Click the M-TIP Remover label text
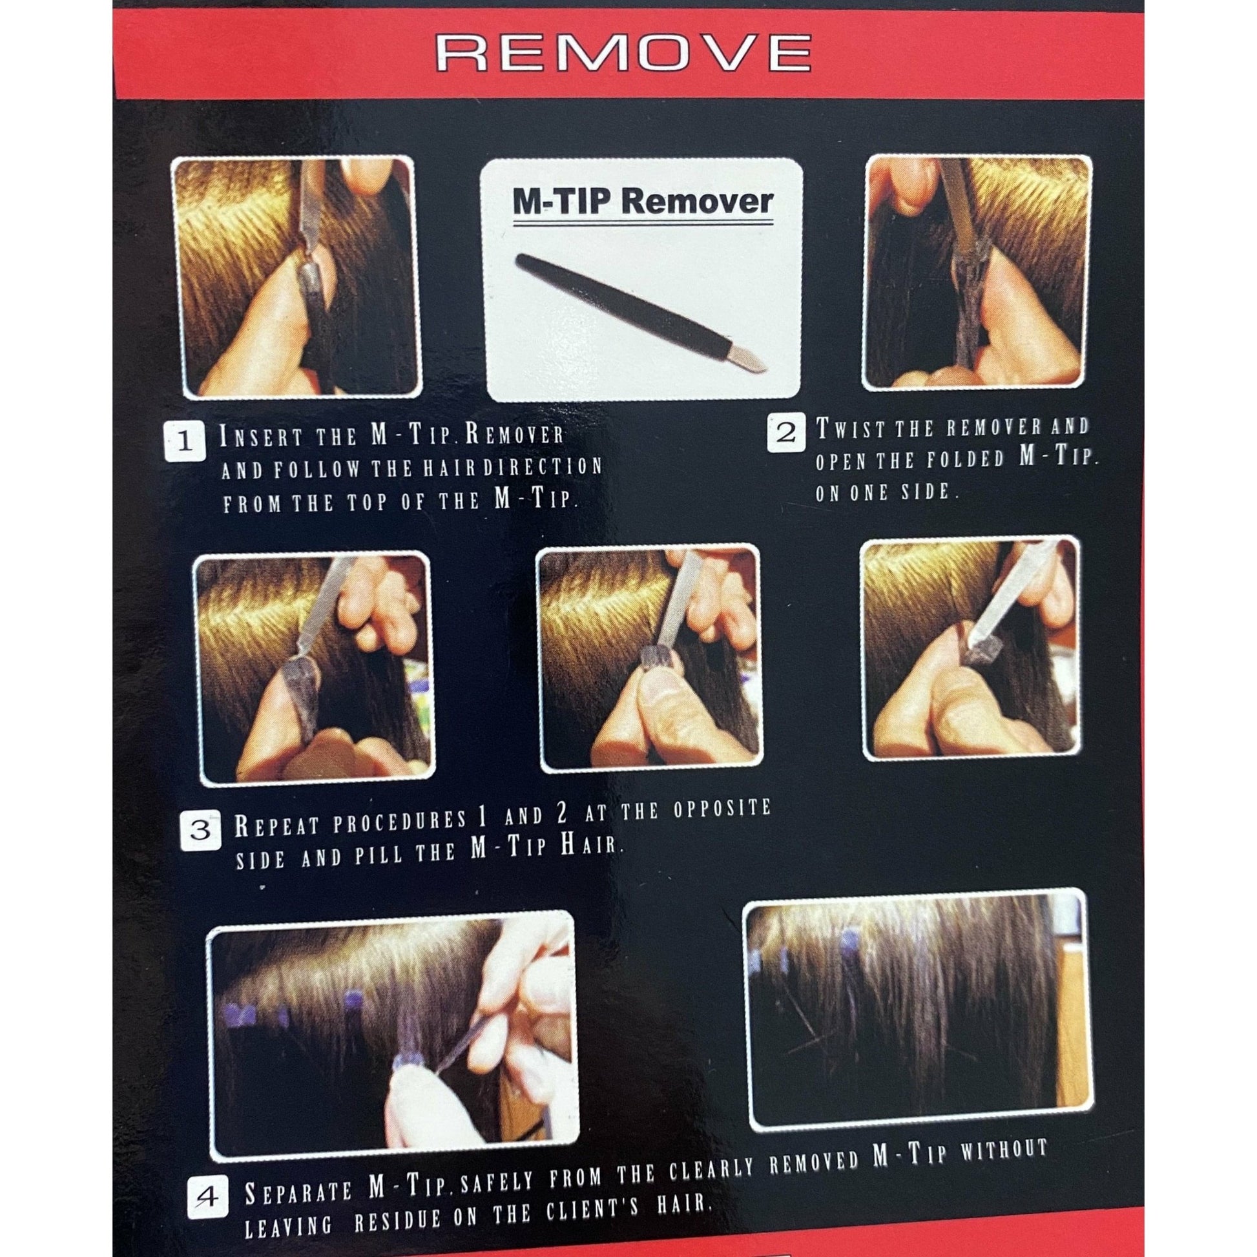pyautogui.click(x=643, y=202)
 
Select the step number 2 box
pyautogui.click(x=787, y=433)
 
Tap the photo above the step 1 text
pyautogui.click(x=296, y=276)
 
